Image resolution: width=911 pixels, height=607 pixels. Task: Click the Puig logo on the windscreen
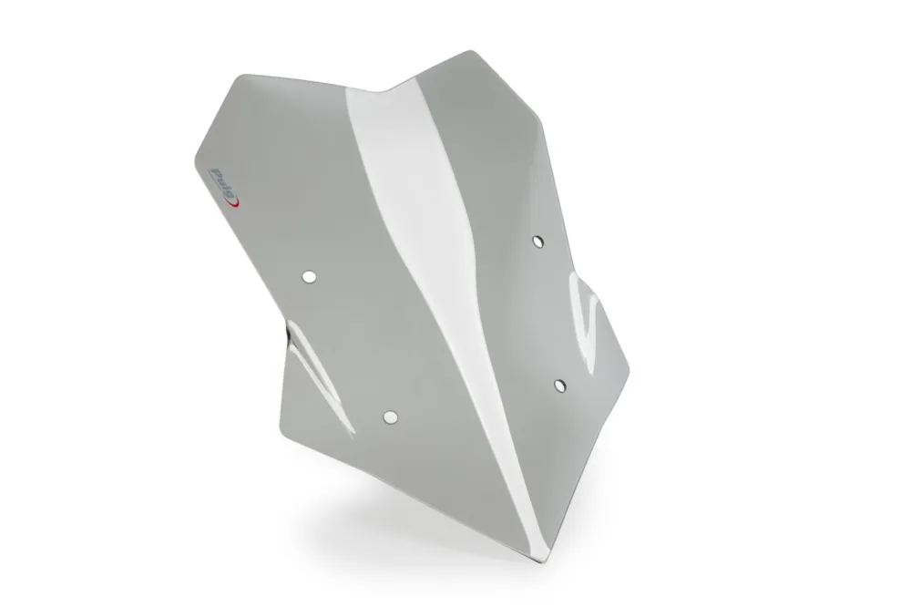click(x=224, y=187)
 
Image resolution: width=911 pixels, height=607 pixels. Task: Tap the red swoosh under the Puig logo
click(x=234, y=201)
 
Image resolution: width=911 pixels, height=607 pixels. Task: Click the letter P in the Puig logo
click(x=217, y=174)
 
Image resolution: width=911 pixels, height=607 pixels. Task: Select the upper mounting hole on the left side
click(x=309, y=277)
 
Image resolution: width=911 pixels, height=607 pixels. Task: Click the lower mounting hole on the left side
click(x=391, y=417)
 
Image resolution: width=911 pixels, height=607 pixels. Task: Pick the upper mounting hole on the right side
click(x=538, y=242)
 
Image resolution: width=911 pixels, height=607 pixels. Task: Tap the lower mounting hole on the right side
click(x=559, y=386)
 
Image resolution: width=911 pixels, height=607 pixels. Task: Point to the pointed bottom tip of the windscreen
click(x=544, y=562)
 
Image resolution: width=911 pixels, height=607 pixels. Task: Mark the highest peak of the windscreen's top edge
click(x=469, y=51)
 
